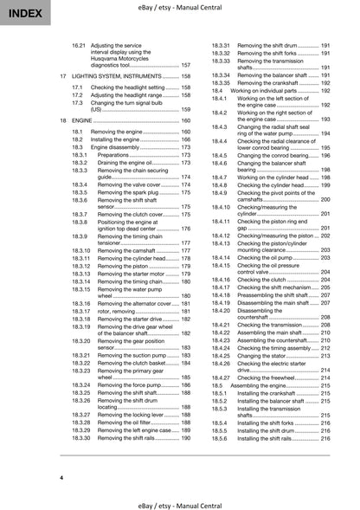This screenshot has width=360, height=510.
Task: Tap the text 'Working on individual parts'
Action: pyautogui.click(x=265, y=90)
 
